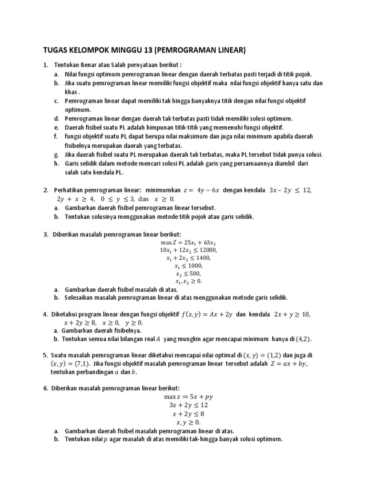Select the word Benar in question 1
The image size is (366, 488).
[x=86, y=65]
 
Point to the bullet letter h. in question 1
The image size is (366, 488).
[x=56, y=164]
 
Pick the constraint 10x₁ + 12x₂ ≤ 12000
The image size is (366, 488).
[x=184, y=250]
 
